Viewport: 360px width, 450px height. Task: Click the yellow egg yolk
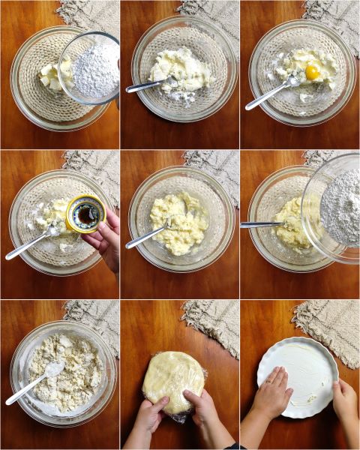point(312,72)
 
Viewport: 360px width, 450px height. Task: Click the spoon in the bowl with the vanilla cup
point(30,244)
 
